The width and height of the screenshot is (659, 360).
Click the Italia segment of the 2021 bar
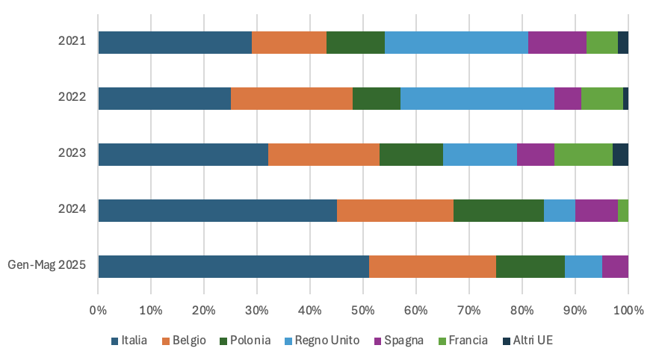click(175, 43)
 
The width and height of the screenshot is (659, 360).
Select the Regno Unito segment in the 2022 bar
click(477, 99)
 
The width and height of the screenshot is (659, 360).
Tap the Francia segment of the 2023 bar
click(584, 155)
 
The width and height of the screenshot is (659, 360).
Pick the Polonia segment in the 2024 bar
click(498, 211)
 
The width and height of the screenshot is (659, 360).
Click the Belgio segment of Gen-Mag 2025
click(433, 267)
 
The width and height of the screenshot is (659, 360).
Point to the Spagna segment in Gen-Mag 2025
click(615, 267)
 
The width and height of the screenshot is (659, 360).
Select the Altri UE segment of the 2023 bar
click(620, 155)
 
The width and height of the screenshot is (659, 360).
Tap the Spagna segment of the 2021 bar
click(557, 43)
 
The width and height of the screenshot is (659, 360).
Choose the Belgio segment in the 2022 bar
click(291, 99)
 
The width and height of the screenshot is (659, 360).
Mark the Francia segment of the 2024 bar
click(623, 211)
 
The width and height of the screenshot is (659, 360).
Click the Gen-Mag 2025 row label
click(46, 265)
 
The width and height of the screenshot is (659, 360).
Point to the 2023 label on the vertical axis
click(72, 153)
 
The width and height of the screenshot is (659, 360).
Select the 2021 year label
click(72, 41)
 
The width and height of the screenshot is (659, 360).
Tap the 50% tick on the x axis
click(363, 309)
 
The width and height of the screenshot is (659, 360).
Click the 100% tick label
click(628, 309)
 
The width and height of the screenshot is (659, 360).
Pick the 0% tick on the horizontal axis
click(98, 309)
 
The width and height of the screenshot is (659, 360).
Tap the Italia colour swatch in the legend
click(115, 341)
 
